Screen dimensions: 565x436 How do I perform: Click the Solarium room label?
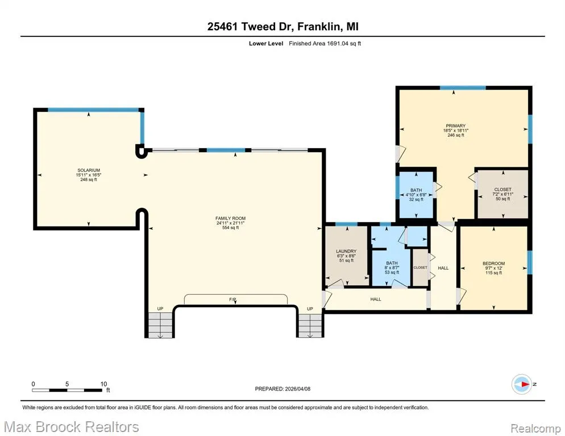[x=89, y=170]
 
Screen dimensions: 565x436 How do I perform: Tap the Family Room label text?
[x=230, y=218]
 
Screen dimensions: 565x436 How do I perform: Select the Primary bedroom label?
[x=455, y=126]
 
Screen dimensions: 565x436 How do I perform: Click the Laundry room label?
[x=346, y=251]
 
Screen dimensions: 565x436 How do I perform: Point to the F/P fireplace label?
[x=232, y=300]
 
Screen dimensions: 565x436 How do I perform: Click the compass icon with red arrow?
[x=522, y=384]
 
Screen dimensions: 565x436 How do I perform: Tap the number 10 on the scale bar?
[x=103, y=384]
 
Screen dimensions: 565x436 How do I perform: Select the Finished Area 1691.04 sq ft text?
[x=325, y=44]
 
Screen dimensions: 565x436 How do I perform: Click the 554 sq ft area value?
[x=230, y=228]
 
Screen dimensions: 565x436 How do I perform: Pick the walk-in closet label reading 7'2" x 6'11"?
[x=502, y=194]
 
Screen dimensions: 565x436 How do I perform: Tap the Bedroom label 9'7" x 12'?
[x=493, y=268]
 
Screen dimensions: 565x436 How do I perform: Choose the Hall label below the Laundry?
[x=376, y=299]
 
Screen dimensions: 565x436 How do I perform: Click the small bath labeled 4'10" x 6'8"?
[x=416, y=195]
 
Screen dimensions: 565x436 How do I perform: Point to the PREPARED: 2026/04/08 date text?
[x=282, y=389]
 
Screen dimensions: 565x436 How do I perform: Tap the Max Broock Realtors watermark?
[x=72, y=427]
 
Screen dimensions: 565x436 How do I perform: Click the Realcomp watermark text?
[x=536, y=429]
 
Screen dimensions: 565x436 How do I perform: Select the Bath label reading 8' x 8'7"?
[x=392, y=268]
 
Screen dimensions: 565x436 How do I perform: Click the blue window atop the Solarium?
[x=93, y=110]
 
